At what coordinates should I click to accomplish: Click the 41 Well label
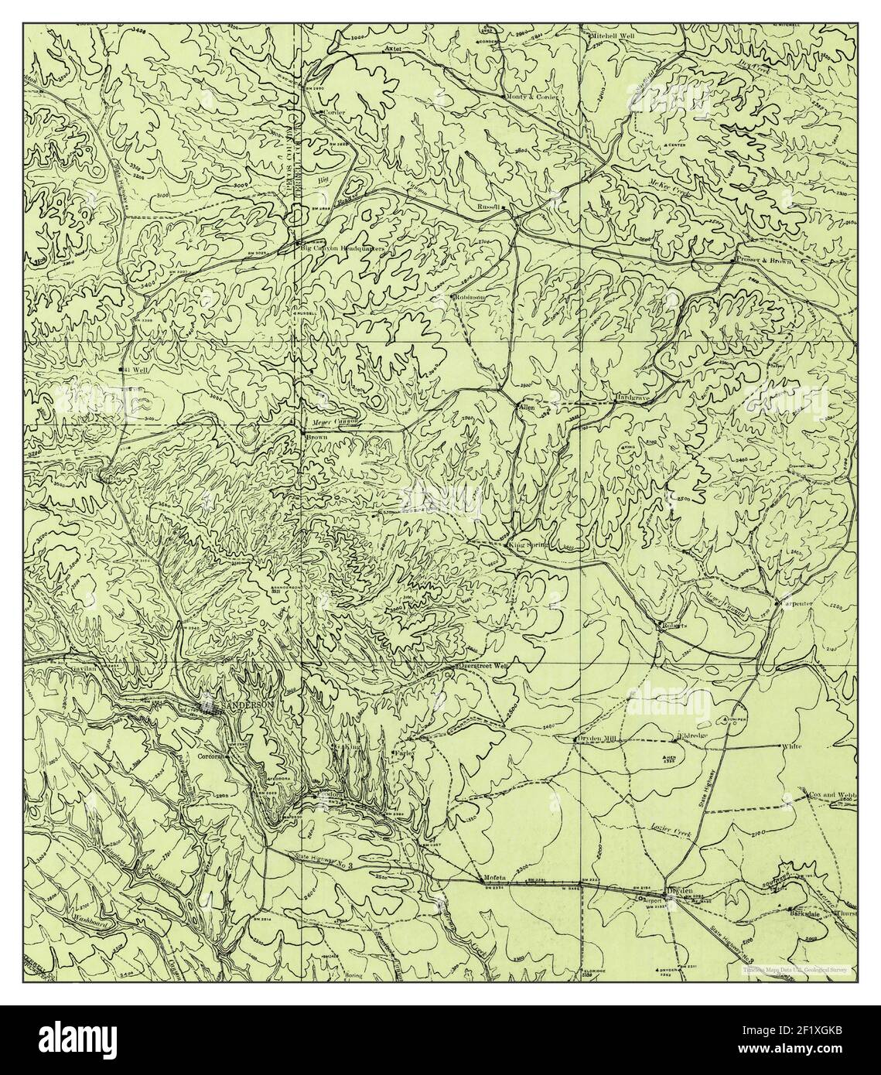coord(135,370)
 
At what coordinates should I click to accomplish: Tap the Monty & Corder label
coord(530,97)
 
